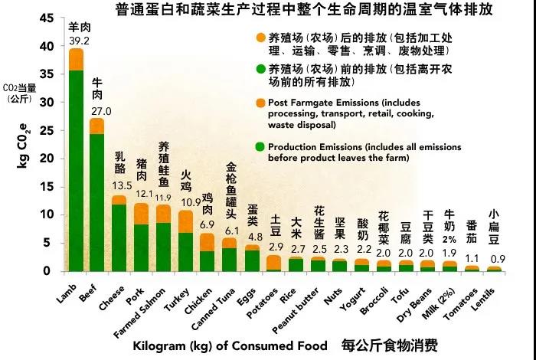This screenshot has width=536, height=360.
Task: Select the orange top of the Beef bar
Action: tap(97, 126)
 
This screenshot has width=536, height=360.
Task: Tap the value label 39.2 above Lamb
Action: tap(77, 41)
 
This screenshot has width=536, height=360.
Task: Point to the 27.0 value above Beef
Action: tap(102, 111)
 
